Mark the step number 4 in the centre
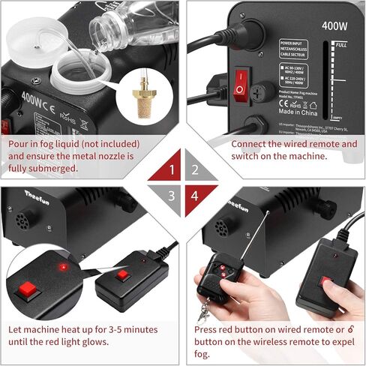[x=194, y=196]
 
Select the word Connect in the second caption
[x=249, y=142]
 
